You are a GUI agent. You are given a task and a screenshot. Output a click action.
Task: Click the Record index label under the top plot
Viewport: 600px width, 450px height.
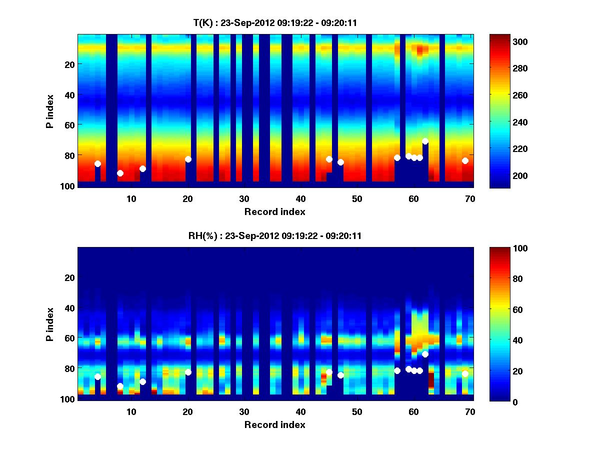pyautogui.click(x=274, y=211)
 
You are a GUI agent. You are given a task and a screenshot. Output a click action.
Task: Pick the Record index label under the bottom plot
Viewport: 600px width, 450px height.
pyautogui.click(x=274, y=424)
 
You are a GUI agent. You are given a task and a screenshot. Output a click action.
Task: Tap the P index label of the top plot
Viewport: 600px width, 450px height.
pyautogui.click(x=50, y=111)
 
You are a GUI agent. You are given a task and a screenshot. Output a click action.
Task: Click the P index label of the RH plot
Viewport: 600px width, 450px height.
pyautogui.click(x=50, y=324)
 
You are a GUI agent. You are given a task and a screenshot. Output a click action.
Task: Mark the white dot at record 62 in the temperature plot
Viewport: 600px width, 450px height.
pyautogui.click(x=425, y=141)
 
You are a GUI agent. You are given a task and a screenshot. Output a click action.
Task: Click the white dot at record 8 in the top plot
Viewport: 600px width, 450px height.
pyautogui.click(x=120, y=173)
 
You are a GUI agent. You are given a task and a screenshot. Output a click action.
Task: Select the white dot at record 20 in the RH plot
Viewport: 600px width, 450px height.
pyautogui.click(x=188, y=372)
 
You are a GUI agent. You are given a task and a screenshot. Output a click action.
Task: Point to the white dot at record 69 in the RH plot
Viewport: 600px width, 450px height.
pyautogui.click(x=465, y=373)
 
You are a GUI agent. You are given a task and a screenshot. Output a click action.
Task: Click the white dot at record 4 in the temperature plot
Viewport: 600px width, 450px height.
pyautogui.click(x=97, y=163)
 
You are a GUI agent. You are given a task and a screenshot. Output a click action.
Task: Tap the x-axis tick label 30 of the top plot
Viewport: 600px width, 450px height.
pyautogui.click(x=244, y=198)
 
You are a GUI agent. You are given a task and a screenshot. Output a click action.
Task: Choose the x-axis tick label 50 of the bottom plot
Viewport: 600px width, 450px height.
pyautogui.click(x=357, y=411)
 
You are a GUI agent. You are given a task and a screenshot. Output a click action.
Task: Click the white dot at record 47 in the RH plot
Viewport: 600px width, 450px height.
pyautogui.click(x=340, y=375)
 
